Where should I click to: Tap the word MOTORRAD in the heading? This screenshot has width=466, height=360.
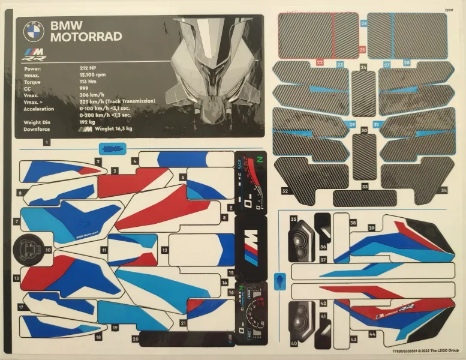[x=86, y=37]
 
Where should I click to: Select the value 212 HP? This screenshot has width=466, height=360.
[x=89, y=69]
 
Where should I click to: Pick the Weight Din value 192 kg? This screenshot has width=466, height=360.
[x=89, y=122]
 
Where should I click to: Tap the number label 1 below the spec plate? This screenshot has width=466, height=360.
[x=46, y=142]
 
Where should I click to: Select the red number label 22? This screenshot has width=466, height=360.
[x=320, y=62]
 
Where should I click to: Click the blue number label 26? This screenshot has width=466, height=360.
[x=363, y=23]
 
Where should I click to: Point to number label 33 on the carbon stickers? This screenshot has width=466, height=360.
[x=365, y=188]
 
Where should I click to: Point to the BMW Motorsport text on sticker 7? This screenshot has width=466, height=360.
[x=88, y=236]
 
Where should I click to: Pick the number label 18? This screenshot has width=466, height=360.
[x=98, y=337]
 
